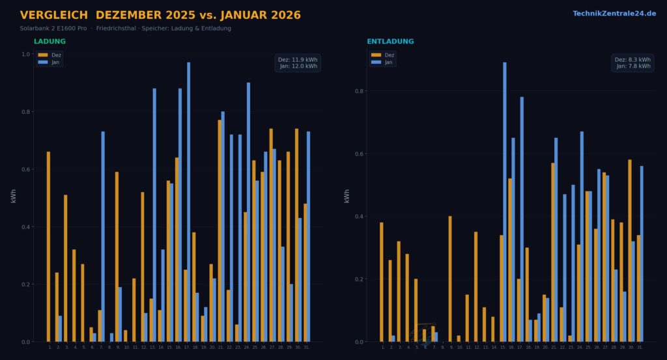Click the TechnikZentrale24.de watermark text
(x=614, y=14)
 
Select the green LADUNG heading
(x=50, y=42)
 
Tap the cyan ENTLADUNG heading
(x=390, y=42)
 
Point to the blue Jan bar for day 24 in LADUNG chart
(x=248, y=212)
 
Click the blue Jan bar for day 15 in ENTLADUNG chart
(x=504, y=202)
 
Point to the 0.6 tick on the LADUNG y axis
(x=26, y=169)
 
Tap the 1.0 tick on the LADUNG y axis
(x=26, y=54)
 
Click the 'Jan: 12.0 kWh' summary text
(x=299, y=66)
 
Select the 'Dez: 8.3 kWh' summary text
(x=632, y=60)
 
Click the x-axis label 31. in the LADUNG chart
(x=307, y=347)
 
